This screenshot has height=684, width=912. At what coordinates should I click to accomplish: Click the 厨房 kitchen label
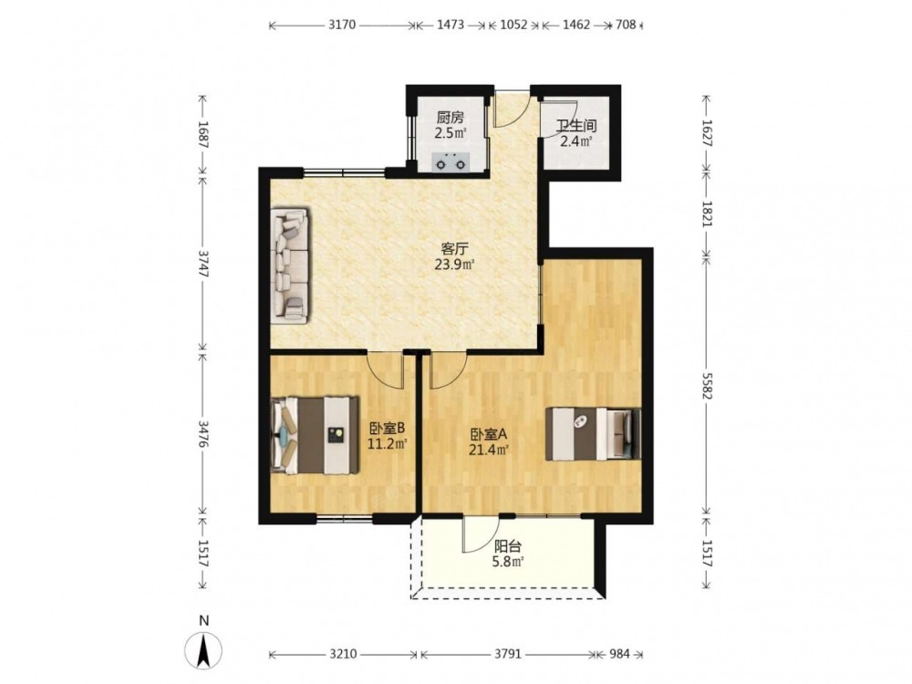[x=451, y=118]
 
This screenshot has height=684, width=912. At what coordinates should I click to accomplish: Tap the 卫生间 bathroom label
[x=575, y=126]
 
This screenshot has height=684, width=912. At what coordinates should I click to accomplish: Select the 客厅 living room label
[x=454, y=249]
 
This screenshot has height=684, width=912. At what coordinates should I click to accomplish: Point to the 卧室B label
[x=387, y=429]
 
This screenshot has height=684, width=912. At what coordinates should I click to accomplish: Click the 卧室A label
[x=489, y=434]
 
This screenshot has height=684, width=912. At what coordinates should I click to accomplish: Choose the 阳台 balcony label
[x=508, y=546]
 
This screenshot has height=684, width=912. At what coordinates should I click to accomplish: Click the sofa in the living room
[x=291, y=265]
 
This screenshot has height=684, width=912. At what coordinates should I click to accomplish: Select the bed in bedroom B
[x=315, y=435]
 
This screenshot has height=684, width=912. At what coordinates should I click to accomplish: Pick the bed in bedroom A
[x=594, y=434]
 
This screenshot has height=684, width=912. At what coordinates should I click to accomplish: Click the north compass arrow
[x=203, y=650]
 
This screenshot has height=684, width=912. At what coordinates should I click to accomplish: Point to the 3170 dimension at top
[x=342, y=25]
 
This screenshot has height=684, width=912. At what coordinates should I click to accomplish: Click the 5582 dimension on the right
[x=706, y=386]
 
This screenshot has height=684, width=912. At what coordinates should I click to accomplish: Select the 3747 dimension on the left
[x=202, y=264]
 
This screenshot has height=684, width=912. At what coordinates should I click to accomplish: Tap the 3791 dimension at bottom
[x=508, y=654]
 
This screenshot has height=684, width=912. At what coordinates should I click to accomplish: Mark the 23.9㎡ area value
[x=454, y=265]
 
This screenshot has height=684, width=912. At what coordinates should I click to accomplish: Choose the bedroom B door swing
[x=386, y=371]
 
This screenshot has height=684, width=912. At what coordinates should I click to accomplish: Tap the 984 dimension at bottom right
[x=620, y=654]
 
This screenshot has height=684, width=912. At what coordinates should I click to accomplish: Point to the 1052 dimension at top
[x=513, y=25]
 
